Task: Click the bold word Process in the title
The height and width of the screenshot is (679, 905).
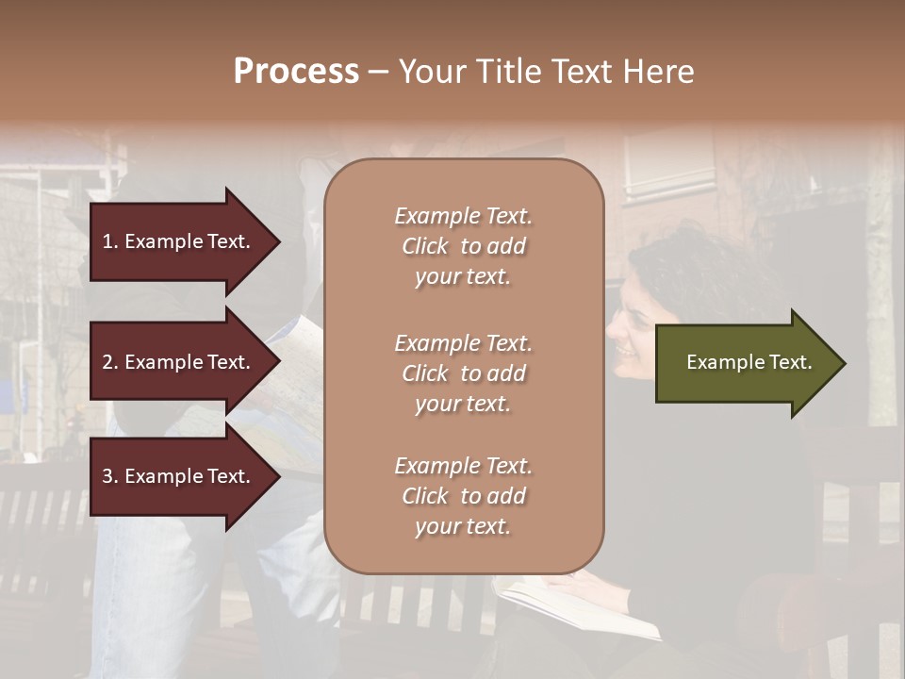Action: click(x=296, y=72)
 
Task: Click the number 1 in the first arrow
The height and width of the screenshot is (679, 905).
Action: click(x=107, y=241)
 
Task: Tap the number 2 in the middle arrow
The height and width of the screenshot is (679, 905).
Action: click(x=107, y=362)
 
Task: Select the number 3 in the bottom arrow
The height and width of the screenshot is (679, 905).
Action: click(x=107, y=477)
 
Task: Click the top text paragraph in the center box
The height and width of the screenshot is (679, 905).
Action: click(x=463, y=246)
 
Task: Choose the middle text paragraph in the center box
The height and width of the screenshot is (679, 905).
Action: click(x=463, y=373)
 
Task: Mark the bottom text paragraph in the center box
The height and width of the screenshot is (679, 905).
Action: click(x=463, y=496)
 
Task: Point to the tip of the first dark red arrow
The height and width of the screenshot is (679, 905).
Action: click(x=278, y=241)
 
